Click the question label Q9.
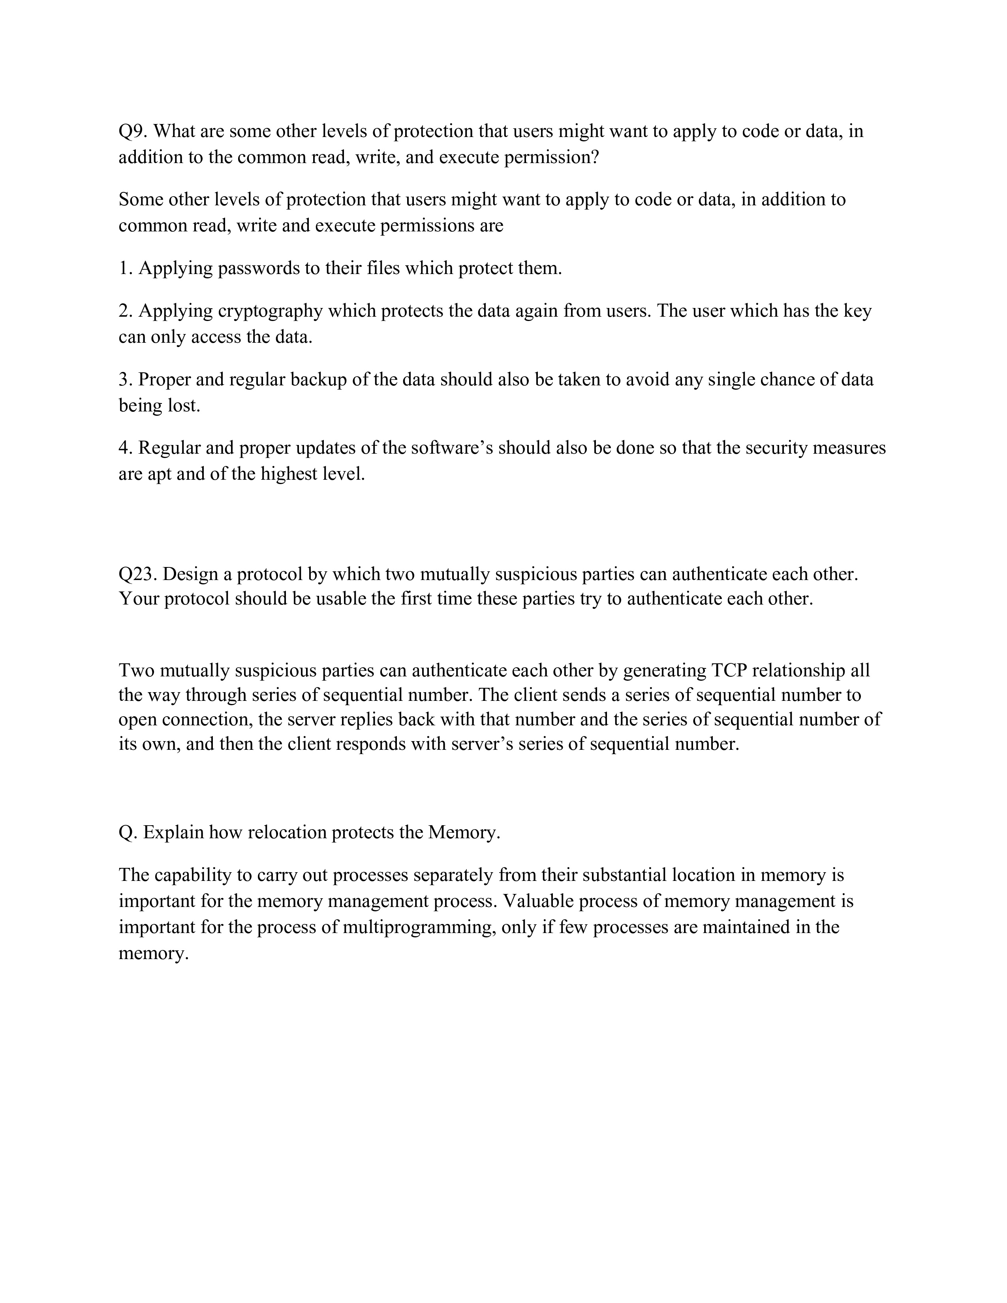[133, 131]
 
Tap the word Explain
[174, 832]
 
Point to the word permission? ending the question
[550, 158]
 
